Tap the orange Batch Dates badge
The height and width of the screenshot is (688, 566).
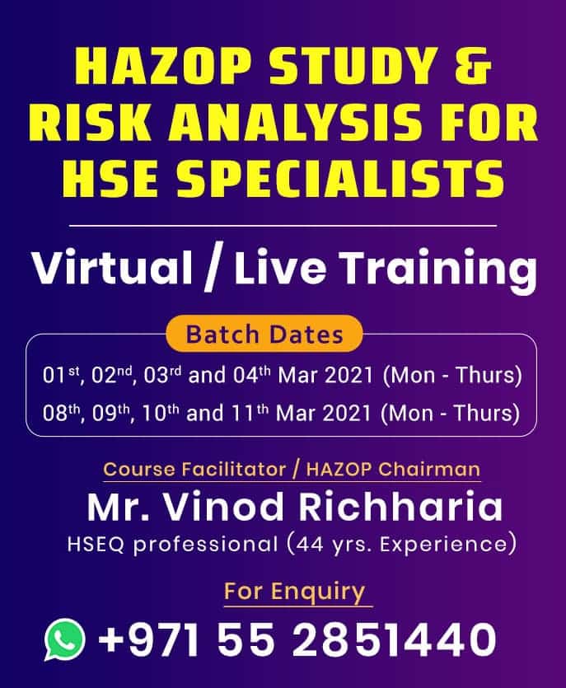click(264, 335)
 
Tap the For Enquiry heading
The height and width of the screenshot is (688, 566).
click(294, 592)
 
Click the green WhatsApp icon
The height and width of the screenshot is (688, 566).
click(65, 639)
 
